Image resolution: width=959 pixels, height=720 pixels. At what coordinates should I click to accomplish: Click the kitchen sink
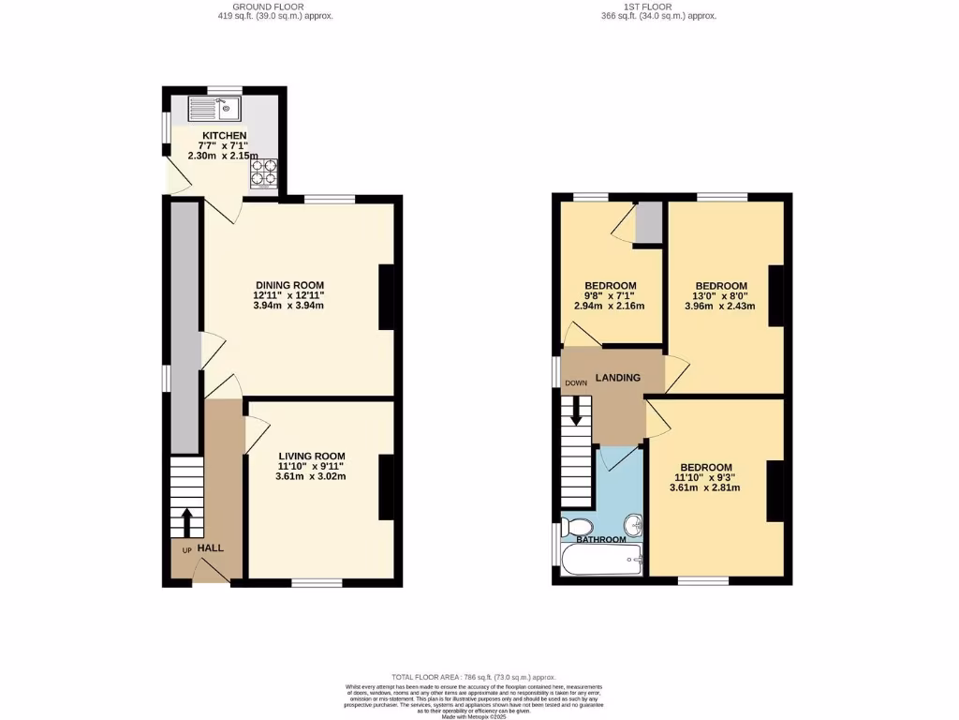click(214, 109)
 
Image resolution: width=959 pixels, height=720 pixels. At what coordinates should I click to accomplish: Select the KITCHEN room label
click(224, 136)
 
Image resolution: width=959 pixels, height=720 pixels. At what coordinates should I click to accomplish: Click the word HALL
click(210, 547)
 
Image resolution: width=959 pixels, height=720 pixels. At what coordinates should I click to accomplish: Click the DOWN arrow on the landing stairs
click(576, 410)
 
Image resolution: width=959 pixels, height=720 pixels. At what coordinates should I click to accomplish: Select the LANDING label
click(617, 378)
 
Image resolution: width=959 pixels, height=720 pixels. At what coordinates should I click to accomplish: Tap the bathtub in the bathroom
click(600, 562)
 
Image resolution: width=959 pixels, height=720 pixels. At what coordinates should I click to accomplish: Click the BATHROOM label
click(600, 540)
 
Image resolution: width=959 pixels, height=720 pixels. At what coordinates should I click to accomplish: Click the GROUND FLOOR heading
click(268, 7)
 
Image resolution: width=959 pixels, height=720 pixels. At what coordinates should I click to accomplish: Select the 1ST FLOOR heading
click(658, 7)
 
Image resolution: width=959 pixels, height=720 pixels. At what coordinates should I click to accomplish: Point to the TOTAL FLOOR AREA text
click(473, 677)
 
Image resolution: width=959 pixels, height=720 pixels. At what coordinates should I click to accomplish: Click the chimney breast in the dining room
click(386, 297)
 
